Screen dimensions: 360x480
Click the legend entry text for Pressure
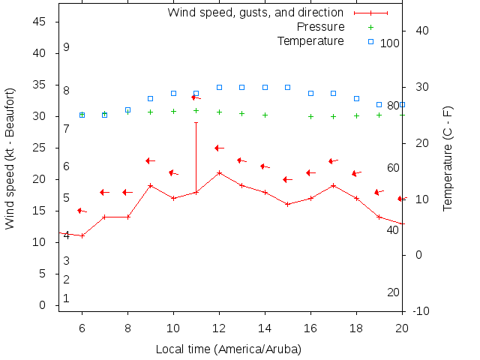pyautogui.click(x=320, y=27)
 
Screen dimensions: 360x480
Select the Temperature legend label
pyautogui.click(x=310, y=40)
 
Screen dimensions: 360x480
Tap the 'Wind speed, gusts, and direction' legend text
pyautogui.click(x=255, y=13)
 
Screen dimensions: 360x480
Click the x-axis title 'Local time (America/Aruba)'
pyautogui.click(x=228, y=349)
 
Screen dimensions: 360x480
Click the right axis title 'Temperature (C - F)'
pyautogui.click(x=448, y=158)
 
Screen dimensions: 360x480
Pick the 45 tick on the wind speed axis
pyautogui.click(x=40, y=22)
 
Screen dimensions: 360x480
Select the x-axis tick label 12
pyautogui.click(x=219, y=328)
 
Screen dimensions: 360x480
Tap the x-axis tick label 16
pyautogui.click(x=310, y=328)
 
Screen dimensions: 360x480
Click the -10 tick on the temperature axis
pyautogui.click(x=421, y=310)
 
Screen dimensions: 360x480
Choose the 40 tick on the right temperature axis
pyautogui.click(x=421, y=31)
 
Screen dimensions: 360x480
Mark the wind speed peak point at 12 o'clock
pyautogui.click(x=219, y=172)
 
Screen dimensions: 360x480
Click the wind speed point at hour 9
pyautogui.click(x=151, y=185)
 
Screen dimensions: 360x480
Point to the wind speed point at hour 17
pyautogui.click(x=334, y=185)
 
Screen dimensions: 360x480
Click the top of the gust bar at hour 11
pyautogui.click(x=196, y=122)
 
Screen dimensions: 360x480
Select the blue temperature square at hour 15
pyautogui.click(x=288, y=87)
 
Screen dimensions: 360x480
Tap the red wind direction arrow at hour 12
pyautogui.click(x=219, y=148)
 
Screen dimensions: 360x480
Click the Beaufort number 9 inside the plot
pyautogui.click(x=67, y=47)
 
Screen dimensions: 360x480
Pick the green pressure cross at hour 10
pyautogui.click(x=173, y=111)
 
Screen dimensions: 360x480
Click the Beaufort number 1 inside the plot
pyautogui.click(x=67, y=298)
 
